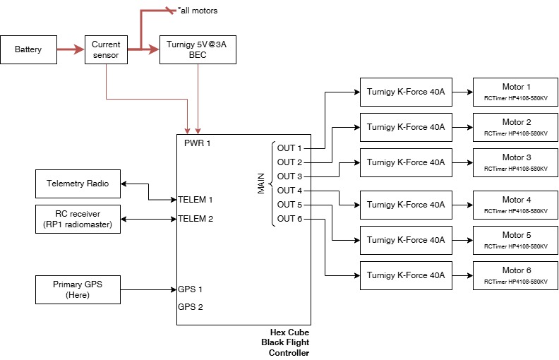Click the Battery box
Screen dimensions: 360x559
[x=28, y=49]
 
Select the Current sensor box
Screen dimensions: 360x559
[x=106, y=49]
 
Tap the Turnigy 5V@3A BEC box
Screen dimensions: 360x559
[x=197, y=49]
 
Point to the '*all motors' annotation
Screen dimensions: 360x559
[x=198, y=11]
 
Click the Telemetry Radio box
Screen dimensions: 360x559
[x=78, y=184]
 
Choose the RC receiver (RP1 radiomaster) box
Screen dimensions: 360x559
[x=78, y=219]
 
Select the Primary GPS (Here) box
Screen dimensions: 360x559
[x=78, y=289]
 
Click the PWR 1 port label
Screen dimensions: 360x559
[x=198, y=143]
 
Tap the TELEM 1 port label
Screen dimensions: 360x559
[x=196, y=200]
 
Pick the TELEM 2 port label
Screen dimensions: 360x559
[x=196, y=219]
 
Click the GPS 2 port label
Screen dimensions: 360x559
[x=191, y=307]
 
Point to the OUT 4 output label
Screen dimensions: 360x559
[x=289, y=191]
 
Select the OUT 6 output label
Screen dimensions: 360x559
[x=289, y=219]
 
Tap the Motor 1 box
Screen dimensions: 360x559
[x=515, y=92]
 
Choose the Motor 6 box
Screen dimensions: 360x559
[x=515, y=275]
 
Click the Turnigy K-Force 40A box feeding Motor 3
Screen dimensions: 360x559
[x=406, y=162]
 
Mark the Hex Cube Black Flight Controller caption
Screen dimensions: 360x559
[x=289, y=342]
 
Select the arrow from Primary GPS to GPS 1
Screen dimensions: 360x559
[x=148, y=289]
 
